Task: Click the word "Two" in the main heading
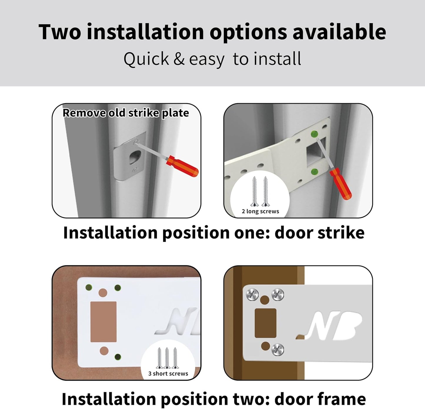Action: [x=60, y=32]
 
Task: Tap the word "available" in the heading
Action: [x=339, y=32]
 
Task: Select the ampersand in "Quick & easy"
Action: [x=179, y=59]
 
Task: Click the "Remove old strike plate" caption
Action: [x=126, y=113]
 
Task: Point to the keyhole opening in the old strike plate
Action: [x=134, y=157]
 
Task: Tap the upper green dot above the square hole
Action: [x=314, y=134]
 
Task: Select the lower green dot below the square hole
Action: [x=314, y=171]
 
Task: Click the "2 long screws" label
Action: [x=260, y=211]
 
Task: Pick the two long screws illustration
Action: [x=260, y=191]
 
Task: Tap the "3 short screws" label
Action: [x=168, y=373]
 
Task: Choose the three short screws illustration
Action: [x=167, y=358]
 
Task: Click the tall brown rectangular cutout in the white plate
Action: [x=103, y=322]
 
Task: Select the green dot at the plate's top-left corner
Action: [x=89, y=287]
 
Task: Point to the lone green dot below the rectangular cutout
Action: [x=118, y=357]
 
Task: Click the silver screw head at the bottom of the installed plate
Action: [x=277, y=349]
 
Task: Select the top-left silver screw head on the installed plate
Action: [x=252, y=294]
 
